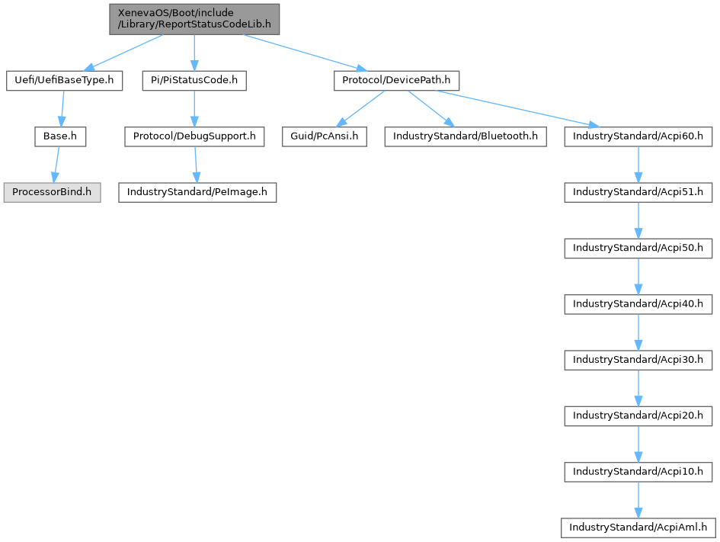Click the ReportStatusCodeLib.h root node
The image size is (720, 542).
tap(194, 18)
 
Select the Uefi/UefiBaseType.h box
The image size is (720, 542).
tap(64, 80)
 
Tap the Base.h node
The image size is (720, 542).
tap(59, 136)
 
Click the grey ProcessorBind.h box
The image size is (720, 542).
tap(51, 192)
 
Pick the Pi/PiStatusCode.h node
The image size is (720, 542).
tap(194, 80)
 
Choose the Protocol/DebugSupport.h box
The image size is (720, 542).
tap(194, 136)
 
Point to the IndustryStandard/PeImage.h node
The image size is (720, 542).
tap(197, 192)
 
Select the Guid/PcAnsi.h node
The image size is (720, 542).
tap(325, 136)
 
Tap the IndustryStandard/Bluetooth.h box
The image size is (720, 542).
tap(465, 136)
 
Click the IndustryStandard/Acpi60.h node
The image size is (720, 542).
tap(638, 136)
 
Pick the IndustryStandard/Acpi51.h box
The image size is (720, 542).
tap(638, 192)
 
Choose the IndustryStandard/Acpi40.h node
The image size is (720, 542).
tap(638, 303)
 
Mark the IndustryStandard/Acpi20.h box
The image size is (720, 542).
tap(638, 415)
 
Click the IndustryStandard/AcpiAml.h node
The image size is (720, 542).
tap(638, 527)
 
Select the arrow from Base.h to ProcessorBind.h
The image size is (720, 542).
tap(56, 164)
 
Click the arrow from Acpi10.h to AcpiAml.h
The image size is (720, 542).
tap(638, 499)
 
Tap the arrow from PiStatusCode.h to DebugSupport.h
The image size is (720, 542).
tap(194, 108)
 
